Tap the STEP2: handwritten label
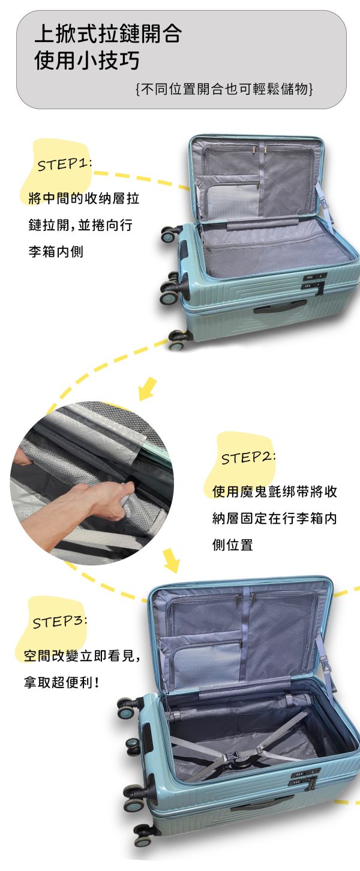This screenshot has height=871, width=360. pyautogui.click(x=248, y=458)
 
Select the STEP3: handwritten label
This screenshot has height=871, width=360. pyautogui.click(x=59, y=621)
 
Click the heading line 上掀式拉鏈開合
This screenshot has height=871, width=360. pyautogui.click(x=108, y=34)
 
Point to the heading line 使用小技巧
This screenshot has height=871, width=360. pyautogui.click(x=87, y=61)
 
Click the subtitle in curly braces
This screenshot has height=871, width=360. pyautogui.click(x=225, y=89)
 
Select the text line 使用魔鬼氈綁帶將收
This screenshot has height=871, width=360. pyautogui.click(x=275, y=492)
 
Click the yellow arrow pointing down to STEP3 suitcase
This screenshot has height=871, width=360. pyautogui.click(x=172, y=560)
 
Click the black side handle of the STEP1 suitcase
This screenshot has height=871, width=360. pyautogui.click(x=279, y=308)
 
